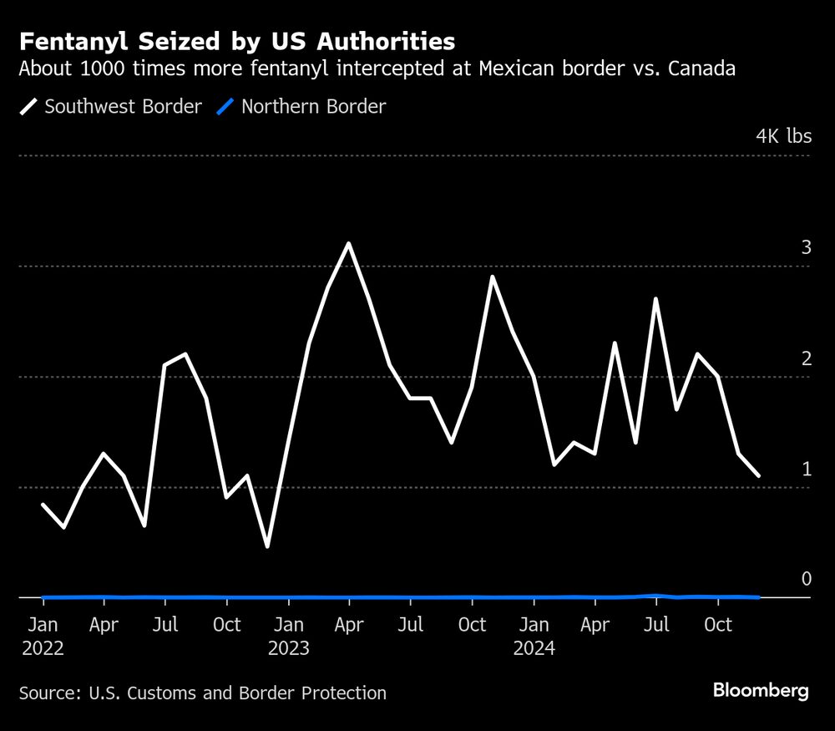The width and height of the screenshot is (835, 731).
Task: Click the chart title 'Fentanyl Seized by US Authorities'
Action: (x=238, y=42)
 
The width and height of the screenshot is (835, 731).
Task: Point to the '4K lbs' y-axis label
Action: (x=783, y=136)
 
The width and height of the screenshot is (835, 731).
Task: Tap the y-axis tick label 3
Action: (x=806, y=247)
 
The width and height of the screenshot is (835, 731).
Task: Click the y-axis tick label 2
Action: (x=806, y=358)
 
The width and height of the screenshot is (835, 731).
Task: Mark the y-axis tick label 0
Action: (x=806, y=579)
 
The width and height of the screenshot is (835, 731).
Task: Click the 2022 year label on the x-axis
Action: (x=42, y=648)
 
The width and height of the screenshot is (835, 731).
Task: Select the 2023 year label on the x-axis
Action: (x=289, y=648)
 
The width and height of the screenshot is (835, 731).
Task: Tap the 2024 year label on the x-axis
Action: (x=534, y=648)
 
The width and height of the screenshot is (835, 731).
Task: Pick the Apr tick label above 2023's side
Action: (x=349, y=625)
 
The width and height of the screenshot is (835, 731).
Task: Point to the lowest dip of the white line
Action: (x=267, y=546)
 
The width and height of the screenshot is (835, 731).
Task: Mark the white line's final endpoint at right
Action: (x=758, y=476)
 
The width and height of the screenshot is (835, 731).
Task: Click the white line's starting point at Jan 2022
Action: (x=43, y=505)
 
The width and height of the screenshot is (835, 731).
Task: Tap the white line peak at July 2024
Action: (x=656, y=299)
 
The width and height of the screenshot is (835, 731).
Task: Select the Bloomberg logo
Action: (x=760, y=691)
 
